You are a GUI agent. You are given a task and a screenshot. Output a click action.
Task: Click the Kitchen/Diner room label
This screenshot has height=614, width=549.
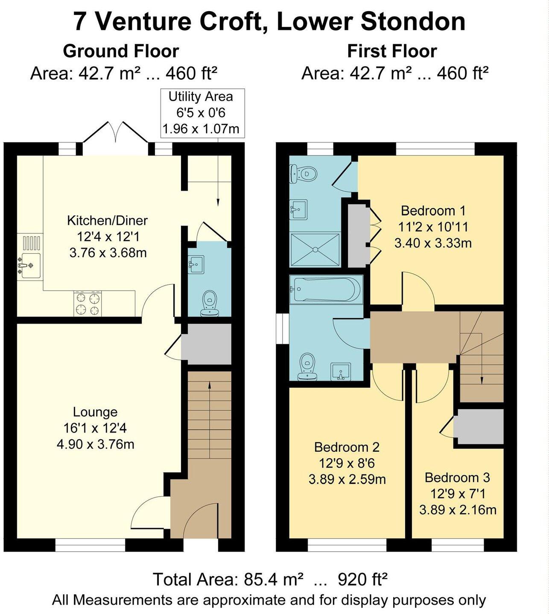click(107, 220)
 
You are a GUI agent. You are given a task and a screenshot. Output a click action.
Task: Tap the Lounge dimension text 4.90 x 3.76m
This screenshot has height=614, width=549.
click(95, 444)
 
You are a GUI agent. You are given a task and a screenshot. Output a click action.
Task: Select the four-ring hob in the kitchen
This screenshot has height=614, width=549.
click(88, 304)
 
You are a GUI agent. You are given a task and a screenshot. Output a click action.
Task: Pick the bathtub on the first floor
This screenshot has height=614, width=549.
click(326, 289)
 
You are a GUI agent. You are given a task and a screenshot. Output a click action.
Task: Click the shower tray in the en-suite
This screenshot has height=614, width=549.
click(315, 249)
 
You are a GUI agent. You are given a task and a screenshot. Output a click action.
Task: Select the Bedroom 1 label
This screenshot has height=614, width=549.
click(433, 211)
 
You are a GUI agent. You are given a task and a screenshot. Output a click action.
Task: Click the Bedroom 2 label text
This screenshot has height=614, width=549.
click(347, 447)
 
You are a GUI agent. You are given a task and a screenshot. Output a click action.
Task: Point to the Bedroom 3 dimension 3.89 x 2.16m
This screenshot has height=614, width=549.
click(458, 510)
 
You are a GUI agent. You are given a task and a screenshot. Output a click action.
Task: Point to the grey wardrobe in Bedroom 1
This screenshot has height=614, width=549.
click(357, 236)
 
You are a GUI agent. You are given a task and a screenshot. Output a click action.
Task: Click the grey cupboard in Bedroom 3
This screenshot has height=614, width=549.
click(478, 427)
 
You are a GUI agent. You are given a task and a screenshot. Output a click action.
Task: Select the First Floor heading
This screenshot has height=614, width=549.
click(392, 51)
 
